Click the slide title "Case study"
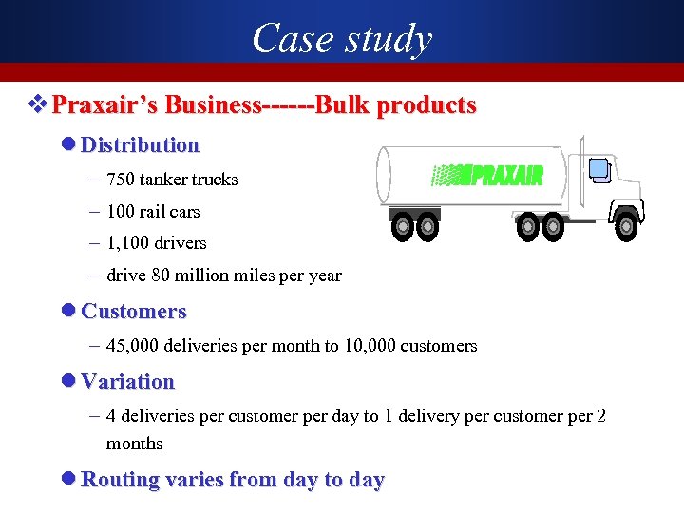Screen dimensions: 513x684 pos(342,39)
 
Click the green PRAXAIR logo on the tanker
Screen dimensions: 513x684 pos(487,175)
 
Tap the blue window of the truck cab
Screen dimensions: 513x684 pos(598,170)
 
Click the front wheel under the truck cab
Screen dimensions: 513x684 pos(625,225)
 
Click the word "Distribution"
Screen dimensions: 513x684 pos(140,145)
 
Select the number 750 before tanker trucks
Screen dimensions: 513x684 pos(121,180)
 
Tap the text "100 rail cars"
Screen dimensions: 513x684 pos(153,212)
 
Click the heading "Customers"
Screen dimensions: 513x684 pos(134,312)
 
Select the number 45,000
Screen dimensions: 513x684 pos(132,346)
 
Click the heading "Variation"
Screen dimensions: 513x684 pos(128,382)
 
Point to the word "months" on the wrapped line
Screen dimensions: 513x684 pos(135,444)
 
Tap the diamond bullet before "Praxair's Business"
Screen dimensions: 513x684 pos(38,104)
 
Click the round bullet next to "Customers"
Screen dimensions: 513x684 pos(67,312)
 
